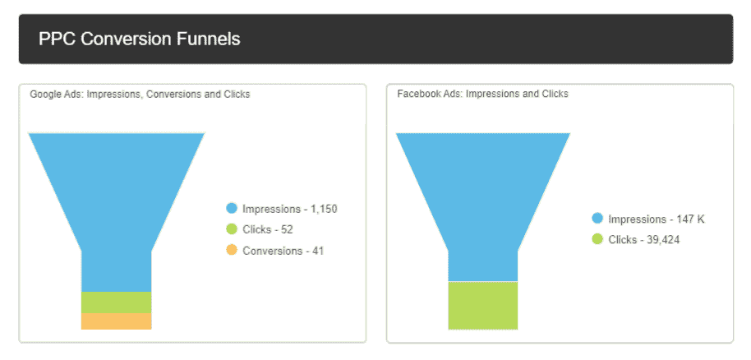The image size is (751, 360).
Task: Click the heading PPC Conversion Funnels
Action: click(139, 39)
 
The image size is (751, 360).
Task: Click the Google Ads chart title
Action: click(140, 95)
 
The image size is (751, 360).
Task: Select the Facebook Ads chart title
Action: click(482, 95)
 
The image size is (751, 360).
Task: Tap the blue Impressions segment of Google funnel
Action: click(116, 197)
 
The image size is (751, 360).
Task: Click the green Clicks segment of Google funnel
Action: click(116, 302)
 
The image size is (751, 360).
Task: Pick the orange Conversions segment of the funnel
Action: click(116, 321)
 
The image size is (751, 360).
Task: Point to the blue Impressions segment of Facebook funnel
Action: click(482, 197)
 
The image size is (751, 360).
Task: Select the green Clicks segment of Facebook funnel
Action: click(482, 305)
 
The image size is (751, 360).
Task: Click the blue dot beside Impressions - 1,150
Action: click(232, 209)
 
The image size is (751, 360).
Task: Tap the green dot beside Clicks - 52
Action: click(232, 229)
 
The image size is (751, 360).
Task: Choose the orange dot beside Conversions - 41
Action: click(232, 250)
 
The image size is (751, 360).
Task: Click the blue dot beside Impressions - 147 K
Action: click(597, 219)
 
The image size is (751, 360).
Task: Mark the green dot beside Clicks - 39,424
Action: click(597, 239)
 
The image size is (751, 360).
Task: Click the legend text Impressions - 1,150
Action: click(289, 209)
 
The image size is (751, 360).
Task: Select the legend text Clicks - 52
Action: click(267, 229)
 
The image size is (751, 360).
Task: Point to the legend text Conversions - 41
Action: click(283, 250)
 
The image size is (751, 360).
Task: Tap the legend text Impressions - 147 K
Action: click(656, 219)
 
